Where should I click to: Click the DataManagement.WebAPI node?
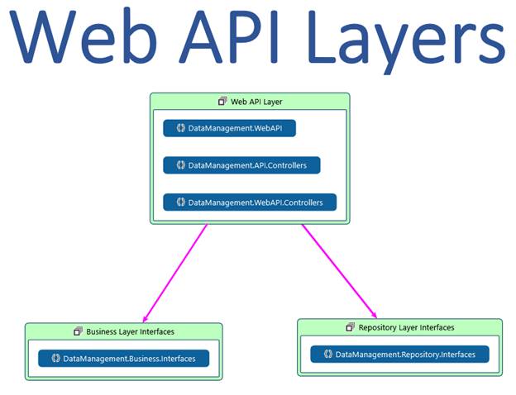coord(229,128)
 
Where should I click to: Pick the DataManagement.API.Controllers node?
coord(241,165)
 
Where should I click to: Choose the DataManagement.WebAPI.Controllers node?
coord(250,202)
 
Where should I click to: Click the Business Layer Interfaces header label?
coord(130,331)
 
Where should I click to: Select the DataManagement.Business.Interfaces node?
coord(123,359)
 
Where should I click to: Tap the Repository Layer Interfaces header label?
coord(406,327)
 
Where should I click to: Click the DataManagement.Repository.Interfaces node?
coord(399,355)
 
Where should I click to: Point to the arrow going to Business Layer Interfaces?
coord(175,273)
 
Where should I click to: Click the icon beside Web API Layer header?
coord(222,101)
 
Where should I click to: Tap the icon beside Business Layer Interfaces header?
coord(79,331)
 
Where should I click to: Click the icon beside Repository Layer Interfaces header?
coord(350,327)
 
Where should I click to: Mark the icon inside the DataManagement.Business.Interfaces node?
coord(55,359)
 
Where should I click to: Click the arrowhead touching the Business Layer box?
coord(144,319)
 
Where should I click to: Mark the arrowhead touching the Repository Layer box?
coord(375,314)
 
